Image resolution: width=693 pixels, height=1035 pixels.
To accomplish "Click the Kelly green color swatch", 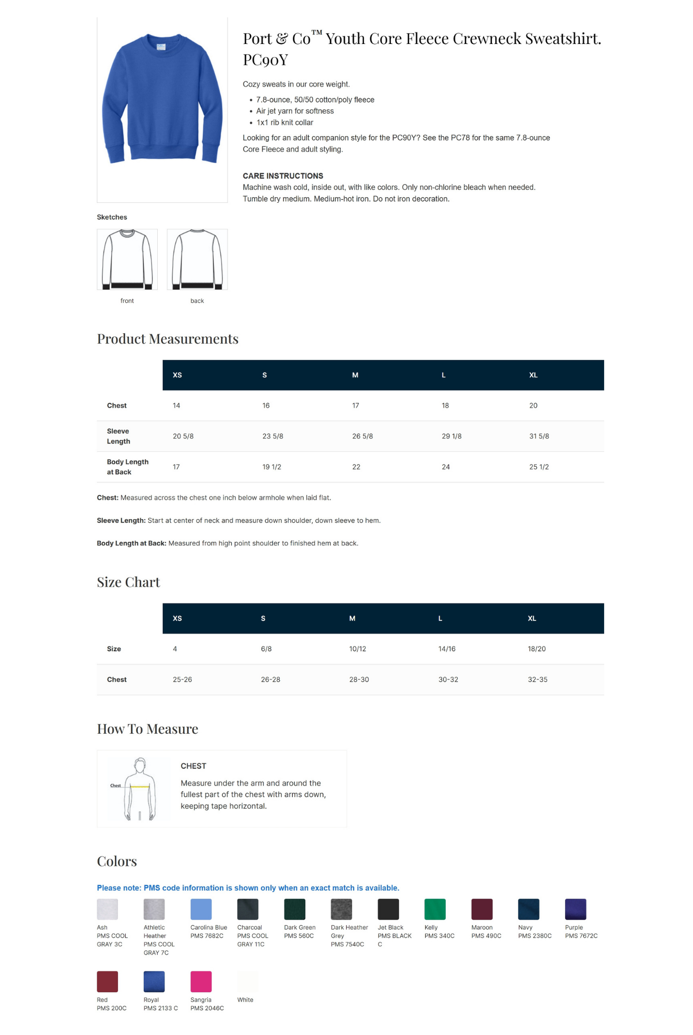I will (434, 909).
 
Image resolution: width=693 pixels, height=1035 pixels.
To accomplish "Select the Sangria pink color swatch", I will (201, 982).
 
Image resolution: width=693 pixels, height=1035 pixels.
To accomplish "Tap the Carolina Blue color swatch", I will (201, 909).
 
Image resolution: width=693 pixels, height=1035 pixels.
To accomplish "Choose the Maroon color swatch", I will (481, 909).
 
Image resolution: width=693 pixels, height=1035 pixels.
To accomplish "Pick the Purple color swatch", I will (575, 909).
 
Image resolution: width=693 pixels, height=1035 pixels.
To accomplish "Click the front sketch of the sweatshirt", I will (127, 259).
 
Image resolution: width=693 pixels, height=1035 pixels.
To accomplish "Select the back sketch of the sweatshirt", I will (197, 259).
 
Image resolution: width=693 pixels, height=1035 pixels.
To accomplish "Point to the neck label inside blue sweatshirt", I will (161, 47).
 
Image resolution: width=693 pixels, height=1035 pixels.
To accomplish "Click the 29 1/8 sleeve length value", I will (451, 436).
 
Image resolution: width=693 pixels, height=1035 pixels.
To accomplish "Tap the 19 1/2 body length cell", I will (272, 467).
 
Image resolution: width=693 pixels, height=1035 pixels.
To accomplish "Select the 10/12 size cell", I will (357, 649).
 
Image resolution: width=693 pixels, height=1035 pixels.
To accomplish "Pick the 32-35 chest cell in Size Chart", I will (537, 679).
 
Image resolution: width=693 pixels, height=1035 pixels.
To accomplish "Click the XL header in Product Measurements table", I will (533, 375).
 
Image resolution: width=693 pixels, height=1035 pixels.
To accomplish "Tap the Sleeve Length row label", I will (118, 436).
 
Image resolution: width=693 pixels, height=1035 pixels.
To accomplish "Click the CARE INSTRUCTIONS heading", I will (283, 176).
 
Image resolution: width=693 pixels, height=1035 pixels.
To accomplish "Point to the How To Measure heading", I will (147, 729).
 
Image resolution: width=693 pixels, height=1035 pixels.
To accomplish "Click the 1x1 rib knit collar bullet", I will (284, 123).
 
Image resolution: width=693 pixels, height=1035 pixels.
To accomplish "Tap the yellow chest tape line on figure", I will (140, 787).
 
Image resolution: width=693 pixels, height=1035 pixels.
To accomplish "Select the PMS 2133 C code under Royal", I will (160, 1008).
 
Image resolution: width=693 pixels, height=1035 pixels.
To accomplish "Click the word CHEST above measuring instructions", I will (193, 766).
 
